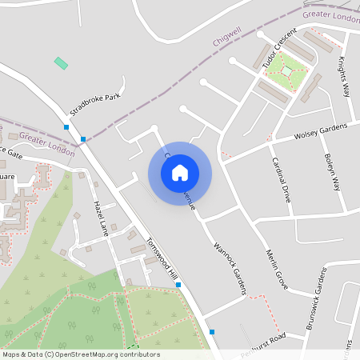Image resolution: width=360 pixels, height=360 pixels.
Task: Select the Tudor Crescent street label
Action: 278,47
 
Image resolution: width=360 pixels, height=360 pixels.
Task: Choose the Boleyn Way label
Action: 330,172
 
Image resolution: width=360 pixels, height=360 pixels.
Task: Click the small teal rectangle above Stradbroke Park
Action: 61,62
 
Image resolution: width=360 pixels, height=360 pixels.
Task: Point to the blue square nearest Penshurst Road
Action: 212,331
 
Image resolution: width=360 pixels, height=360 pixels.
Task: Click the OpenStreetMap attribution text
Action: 80,354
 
